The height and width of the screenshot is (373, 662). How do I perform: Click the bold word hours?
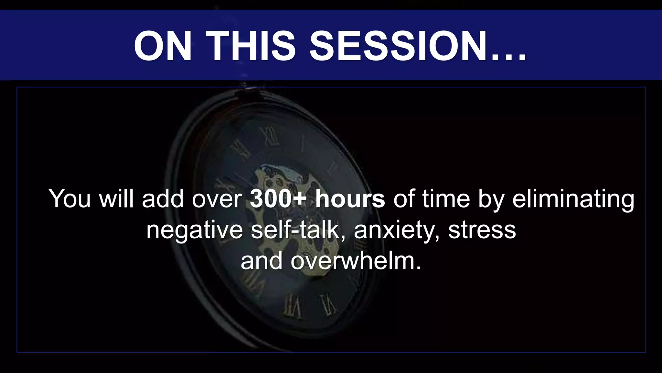pyautogui.click(x=350, y=199)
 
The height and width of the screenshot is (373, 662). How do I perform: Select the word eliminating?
pyautogui.click(x=573, y=199)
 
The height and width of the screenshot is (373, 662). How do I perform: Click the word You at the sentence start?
pyautogui.click(x=69, y=199)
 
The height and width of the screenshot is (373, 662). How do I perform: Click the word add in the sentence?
pyautogui.click(x=163, y=199)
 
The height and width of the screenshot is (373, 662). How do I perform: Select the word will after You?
pyautogui.click(x=116, y=199)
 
